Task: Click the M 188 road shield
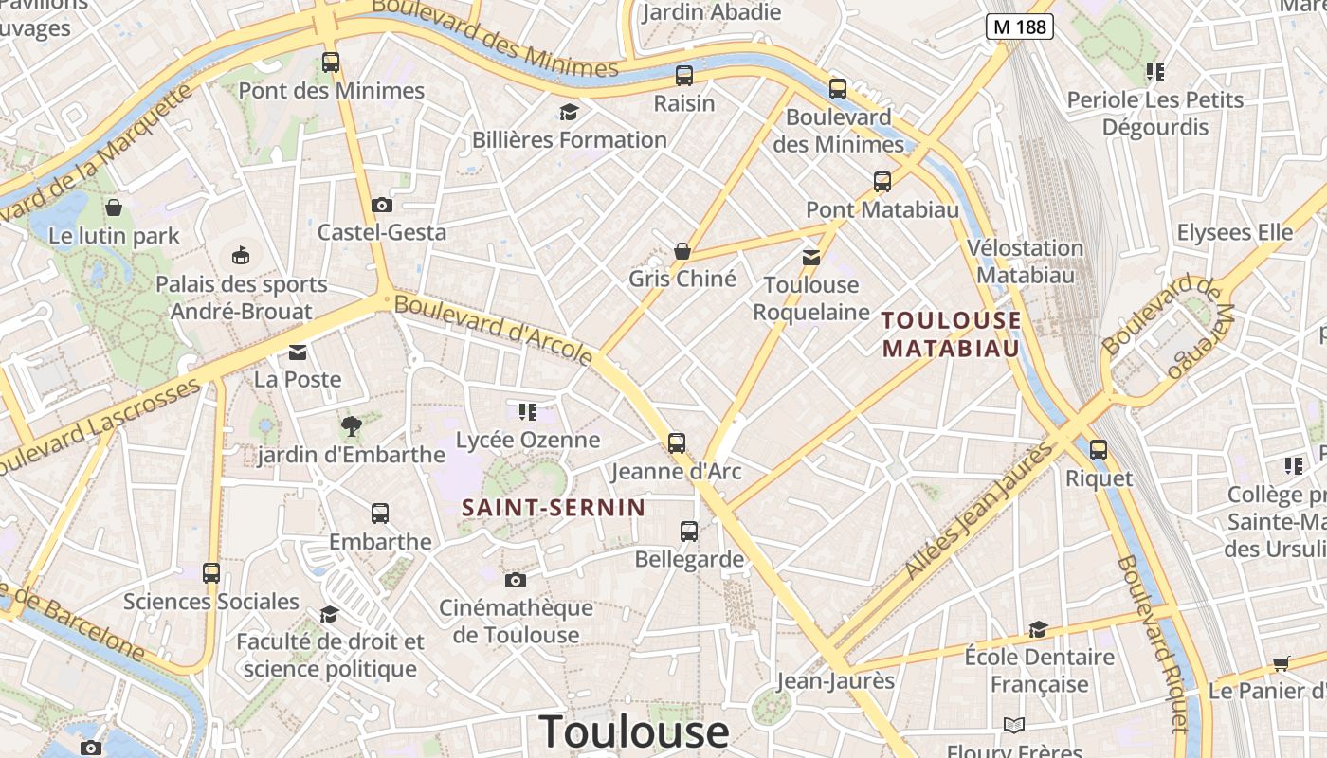click(1019, 27)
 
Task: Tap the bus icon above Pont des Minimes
click(330, 63)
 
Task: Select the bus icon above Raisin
click(683, 76)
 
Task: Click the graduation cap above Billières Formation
click(569, 113)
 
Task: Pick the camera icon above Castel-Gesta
click(381, 205)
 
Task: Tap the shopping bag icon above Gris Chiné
click(682, 251)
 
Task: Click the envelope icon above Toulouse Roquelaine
click(810, 257)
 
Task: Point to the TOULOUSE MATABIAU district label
click(951, 334)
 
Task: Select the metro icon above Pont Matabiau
click(882, 182)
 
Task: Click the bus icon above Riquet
click(1098, 450)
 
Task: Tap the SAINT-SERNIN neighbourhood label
click(554, 508)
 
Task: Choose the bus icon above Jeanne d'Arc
click(676, 442)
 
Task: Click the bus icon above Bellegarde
click(688, 532)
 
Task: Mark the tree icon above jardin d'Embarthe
click(351, 427)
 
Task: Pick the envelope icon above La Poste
click(298, 352)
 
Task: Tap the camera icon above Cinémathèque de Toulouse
click(515, 580)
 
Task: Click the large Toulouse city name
click(633, 731)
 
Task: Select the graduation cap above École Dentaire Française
click(1038, 630)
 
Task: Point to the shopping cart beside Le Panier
click(1282, 663)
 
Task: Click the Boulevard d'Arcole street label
click(493, 330)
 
